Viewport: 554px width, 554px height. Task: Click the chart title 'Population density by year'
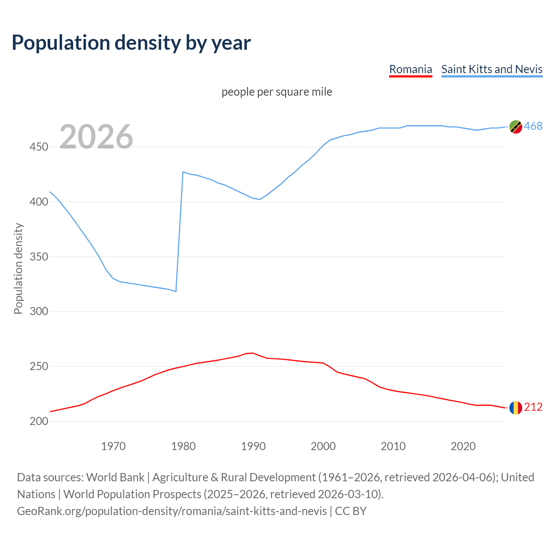pyautogui.click(x=131, y=42)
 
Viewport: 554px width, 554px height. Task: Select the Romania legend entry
pyautogui.click(x=410, y=69)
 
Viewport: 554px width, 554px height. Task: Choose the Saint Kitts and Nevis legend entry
pyautogui.click(x=492, y=69)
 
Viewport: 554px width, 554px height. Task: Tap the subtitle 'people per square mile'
pyautogui.click(x=277, y=92)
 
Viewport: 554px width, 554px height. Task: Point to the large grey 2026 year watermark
pyautogui.click(x=96, y=137)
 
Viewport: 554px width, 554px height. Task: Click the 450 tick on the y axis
pyautogui.click(x=39, y=147)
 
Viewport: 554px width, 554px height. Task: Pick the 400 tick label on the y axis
pyautogui.click(x=39, y=202)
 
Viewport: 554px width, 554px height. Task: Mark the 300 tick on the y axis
pyautogui.click(x=39, y=312)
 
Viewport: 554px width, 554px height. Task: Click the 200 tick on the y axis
pyautogui.click(x=39, y=421)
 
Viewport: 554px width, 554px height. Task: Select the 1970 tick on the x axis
pyautogui.click(x=113, y=446)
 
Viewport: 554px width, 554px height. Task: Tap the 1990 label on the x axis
pyautogui.click(x=253, y=446)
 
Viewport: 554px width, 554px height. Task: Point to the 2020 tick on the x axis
pyautogui.click(x=463, y=446)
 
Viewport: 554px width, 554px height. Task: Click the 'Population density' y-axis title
pyautogui.click(x=18, y=268)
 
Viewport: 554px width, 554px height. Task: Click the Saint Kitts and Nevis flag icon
pyautogui.click(x=515, y=127)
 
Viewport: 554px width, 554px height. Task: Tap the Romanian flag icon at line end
pyautogui.click(x=515, y=408)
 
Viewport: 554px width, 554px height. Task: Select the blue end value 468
pyautogui.click(x=533, y=126)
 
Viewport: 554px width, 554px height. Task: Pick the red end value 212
pyautogui.click(x=533, y=407)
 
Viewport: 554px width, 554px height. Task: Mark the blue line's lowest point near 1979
pyautogui.click(x=176, y=291)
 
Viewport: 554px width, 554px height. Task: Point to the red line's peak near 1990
pyautogui.click(x=253, y=353)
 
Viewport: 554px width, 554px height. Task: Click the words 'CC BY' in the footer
pyautogui.click(x=351, y=511)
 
